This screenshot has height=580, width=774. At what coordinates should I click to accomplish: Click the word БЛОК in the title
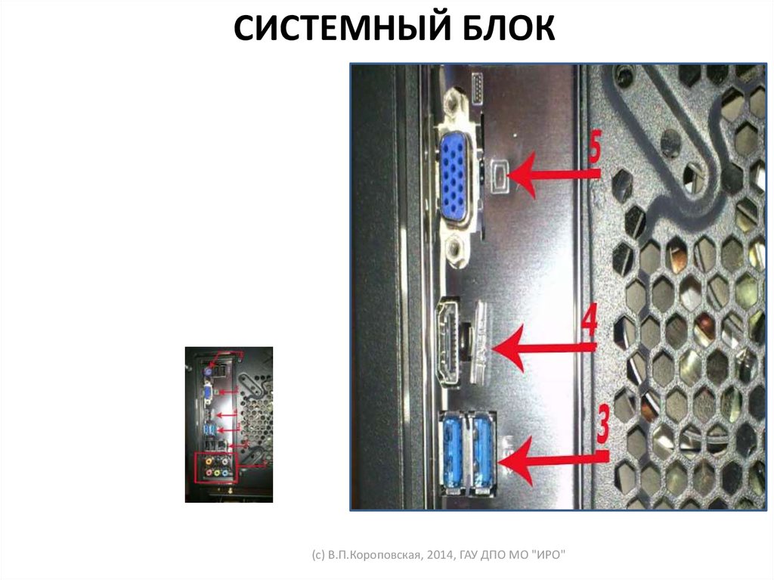(x=509, y=28)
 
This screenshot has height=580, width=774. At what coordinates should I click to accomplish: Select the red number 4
(x=589, y=320)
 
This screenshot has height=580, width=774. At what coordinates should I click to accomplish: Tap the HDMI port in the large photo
(x=447, y=343)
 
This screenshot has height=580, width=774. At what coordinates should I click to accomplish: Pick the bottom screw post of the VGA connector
(x=456, y=251)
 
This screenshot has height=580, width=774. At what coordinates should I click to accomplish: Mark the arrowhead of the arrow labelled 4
(x=508, y=349)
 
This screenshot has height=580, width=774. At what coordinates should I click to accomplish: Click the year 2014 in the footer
(x=440, y=555)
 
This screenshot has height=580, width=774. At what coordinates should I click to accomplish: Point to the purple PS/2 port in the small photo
(x=209, y=371)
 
